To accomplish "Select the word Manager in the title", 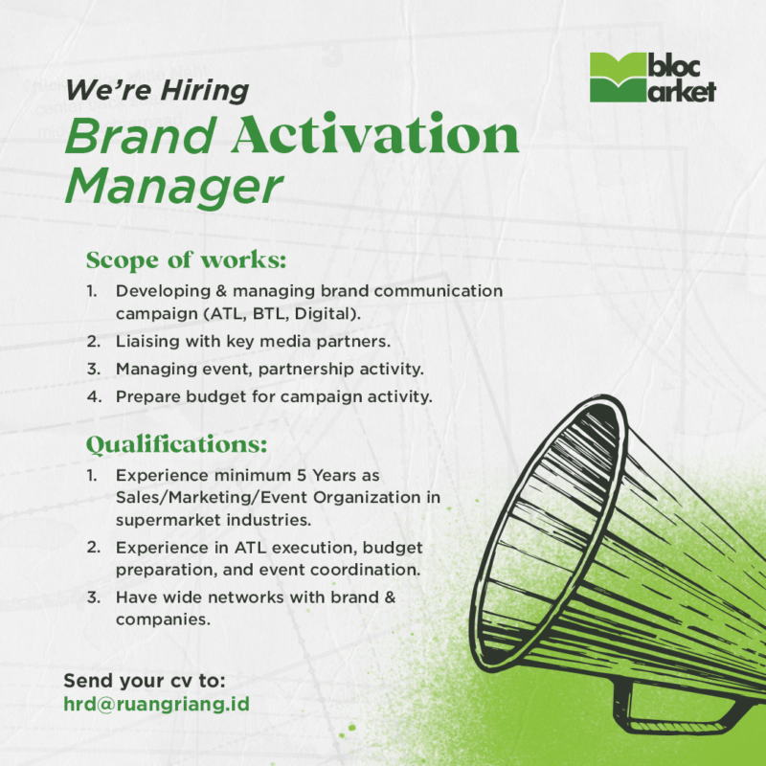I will coord(174,187).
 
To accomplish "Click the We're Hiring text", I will coord(156,91).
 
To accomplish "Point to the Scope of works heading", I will coord(187,260).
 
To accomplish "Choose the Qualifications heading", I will coord(177,445).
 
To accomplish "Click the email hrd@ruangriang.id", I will coord(157,705).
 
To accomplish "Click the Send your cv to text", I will coord(145,681).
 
